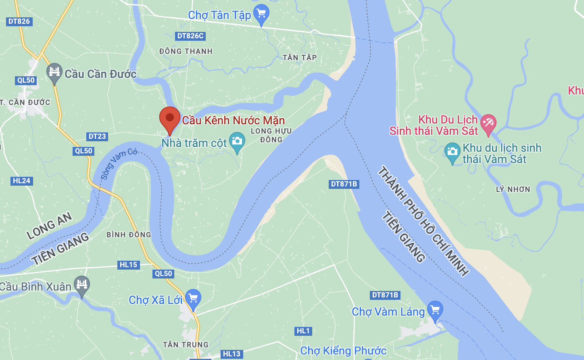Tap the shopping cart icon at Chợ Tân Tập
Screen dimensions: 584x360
pos(261,14)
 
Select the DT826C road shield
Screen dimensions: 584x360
pos(190,36)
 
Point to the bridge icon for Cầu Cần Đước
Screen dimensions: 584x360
pos(54,72)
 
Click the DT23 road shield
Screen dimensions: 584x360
pos(97,136)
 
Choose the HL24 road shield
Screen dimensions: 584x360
pos(21,181)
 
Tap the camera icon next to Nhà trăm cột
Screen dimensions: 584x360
pos(237,141)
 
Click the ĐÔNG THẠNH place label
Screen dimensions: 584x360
pos(186,51)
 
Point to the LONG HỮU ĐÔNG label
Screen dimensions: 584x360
pos(271,135)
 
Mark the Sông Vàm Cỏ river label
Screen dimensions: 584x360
pos(119,163)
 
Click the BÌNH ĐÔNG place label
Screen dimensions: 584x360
pos(129,234)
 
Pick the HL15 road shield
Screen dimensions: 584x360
pos(129,265)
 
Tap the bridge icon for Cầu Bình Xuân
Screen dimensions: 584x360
pos(82,285)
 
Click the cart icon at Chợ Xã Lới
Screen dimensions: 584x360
pos(193,299)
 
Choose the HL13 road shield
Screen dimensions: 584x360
pos(232,354)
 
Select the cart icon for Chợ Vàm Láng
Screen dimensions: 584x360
pos(435,310)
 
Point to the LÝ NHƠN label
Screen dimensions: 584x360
pos(513,189)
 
